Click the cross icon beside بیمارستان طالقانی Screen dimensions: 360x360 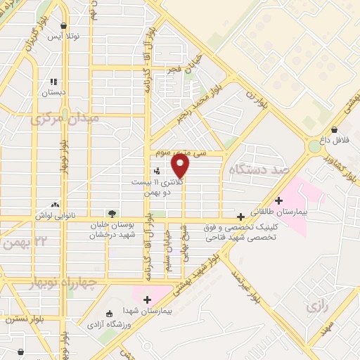(x=279, y=200)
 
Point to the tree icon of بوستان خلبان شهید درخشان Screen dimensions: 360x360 (x=111, y=213)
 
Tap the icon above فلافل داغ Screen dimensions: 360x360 (x=333, y=129)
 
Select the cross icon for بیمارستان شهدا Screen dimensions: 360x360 (x=147, y=300)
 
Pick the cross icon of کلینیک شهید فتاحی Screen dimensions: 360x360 (x=241, y=217)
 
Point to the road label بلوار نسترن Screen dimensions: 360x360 (x=21, y=319)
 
